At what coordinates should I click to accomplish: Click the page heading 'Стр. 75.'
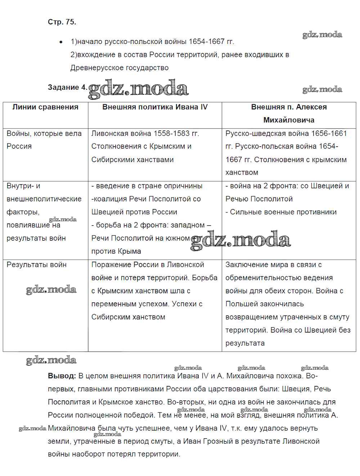62,22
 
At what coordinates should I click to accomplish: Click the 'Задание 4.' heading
67,87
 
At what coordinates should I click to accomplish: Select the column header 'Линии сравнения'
45,107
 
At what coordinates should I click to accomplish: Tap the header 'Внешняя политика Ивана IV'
155,107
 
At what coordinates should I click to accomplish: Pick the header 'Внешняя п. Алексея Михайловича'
289,113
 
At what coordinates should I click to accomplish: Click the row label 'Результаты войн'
36,264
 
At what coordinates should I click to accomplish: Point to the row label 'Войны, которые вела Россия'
44,140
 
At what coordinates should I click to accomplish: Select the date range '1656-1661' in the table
329,133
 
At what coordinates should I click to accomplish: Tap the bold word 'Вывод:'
62,376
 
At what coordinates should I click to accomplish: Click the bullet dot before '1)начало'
61,42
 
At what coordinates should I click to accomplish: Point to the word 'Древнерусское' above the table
94,68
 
